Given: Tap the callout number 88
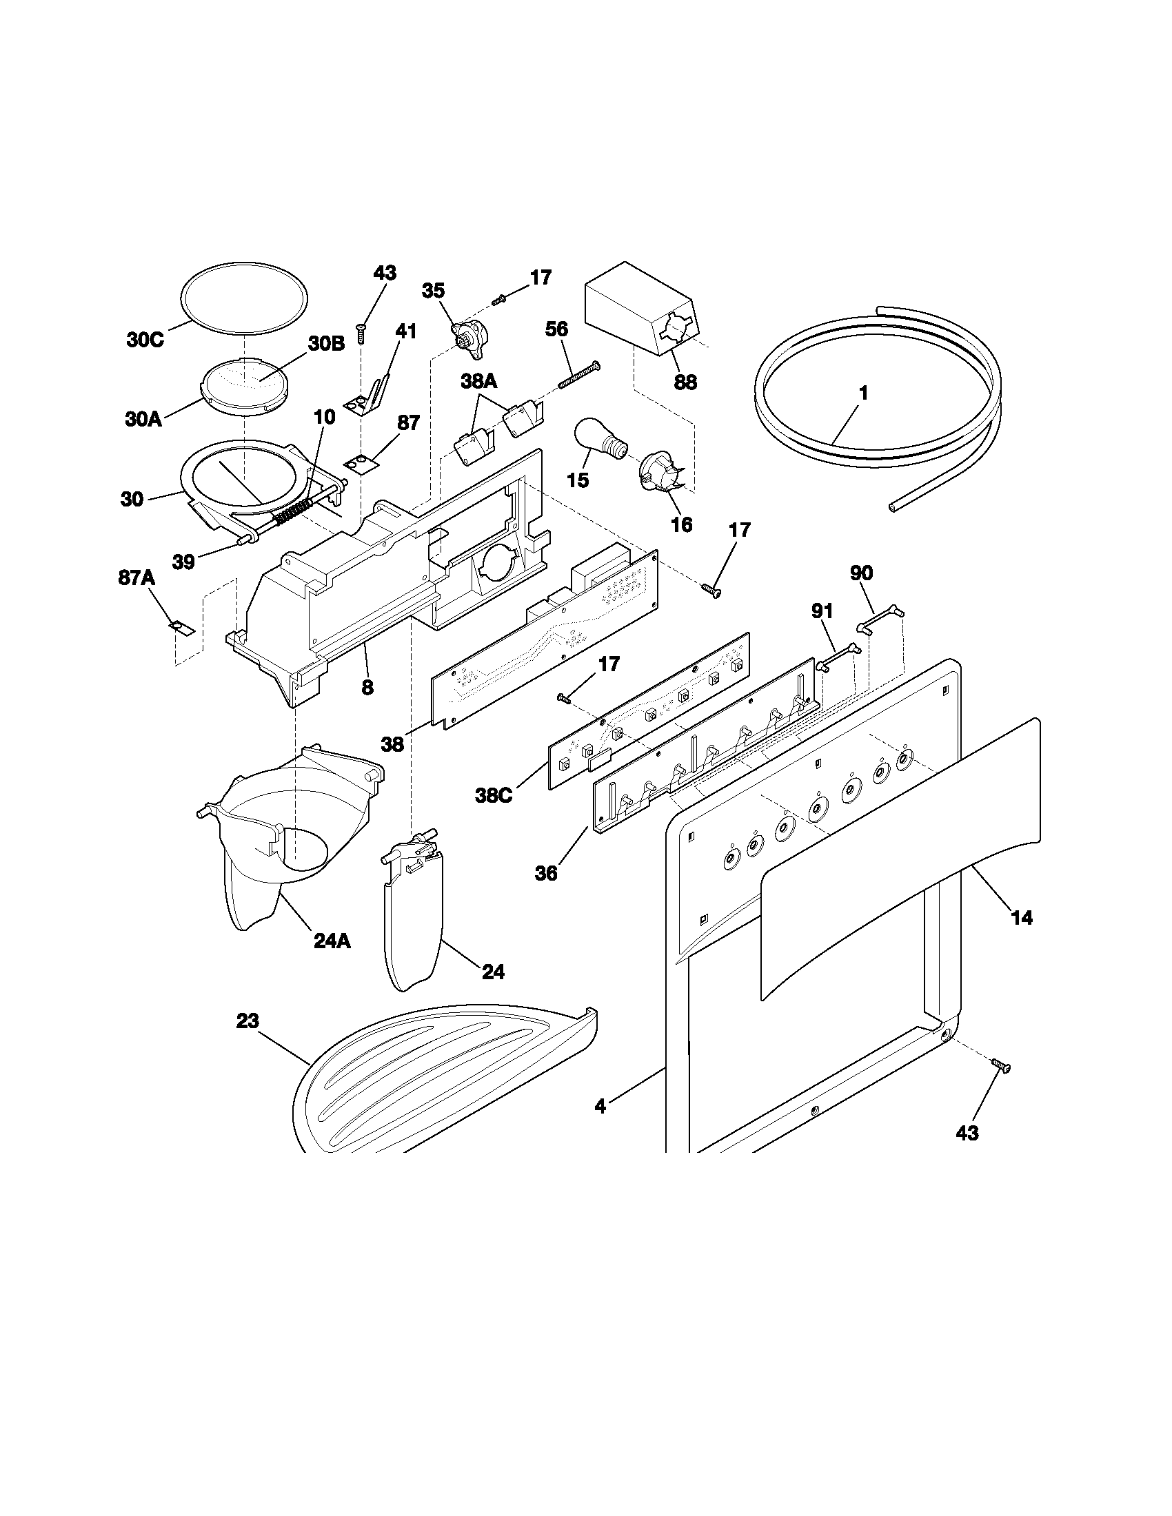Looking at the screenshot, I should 685,382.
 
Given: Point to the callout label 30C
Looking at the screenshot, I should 145,340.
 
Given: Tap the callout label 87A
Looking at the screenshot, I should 136,577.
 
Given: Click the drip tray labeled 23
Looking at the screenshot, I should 445,1083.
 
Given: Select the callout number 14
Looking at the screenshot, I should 1021,918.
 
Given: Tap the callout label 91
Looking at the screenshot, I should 822,611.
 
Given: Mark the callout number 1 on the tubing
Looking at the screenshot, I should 863,393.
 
